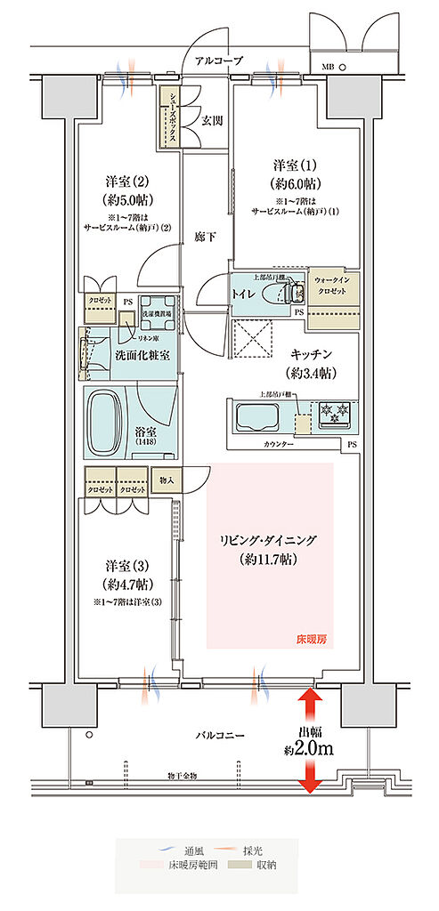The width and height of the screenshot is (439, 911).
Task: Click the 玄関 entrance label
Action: click(x=211, y=121)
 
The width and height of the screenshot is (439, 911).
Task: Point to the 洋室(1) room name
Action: click(x=295, y=166)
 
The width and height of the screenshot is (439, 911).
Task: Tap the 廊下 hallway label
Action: click(x=205, y=238)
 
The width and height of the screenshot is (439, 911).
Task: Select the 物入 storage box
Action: click(x=166, y=481)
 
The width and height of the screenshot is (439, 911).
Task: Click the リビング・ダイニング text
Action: click(x=267, y=540)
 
